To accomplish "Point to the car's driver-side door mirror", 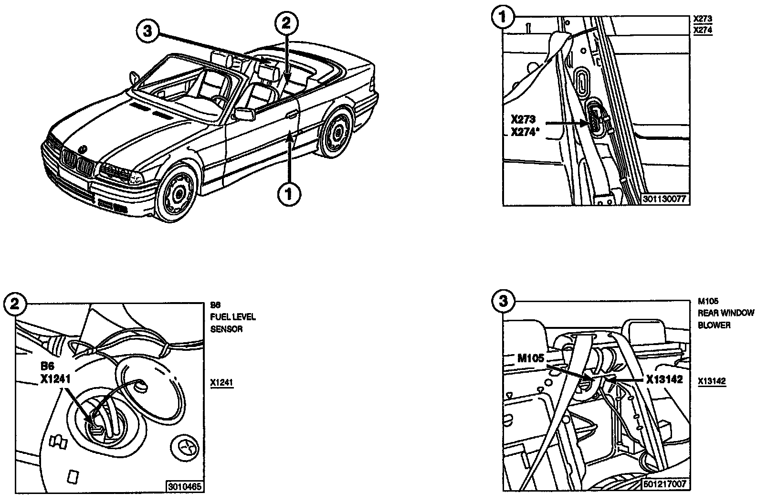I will [x=242, y=115].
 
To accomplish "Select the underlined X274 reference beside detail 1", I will [x=702, y=30].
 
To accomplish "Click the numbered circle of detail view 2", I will [x=14, y=304].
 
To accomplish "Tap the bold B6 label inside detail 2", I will [x=48, y=367].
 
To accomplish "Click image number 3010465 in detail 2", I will [x=184, y=487].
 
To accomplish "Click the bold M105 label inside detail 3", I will [x=531, y=358].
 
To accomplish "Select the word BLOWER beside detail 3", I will [x=714, y=325].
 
